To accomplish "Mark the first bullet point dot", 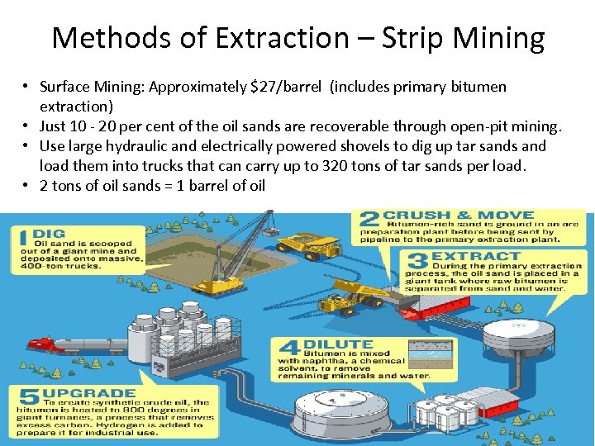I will [27, 87].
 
